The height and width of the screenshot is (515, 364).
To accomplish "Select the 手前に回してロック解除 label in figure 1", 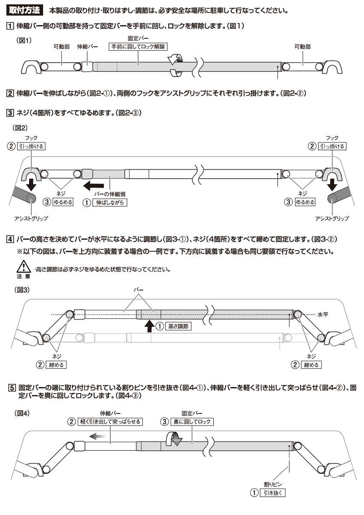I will [138, 47].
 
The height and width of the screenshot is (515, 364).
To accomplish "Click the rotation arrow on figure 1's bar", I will [176, 66].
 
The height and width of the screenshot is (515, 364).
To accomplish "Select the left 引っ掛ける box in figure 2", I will [32, 146].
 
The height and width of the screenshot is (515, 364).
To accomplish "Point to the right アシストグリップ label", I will [332, 218].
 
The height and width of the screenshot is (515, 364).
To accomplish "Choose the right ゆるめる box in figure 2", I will [304, 202].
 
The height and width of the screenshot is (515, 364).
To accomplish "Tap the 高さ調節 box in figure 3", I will [177, 326].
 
